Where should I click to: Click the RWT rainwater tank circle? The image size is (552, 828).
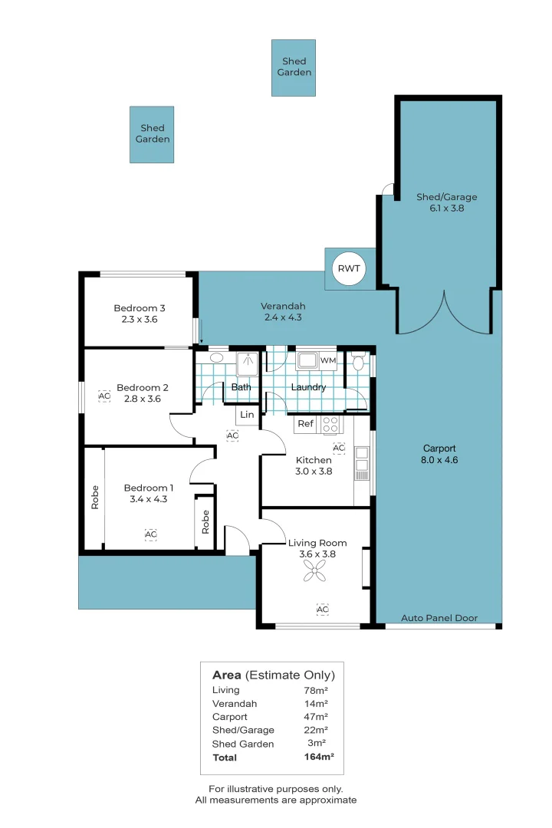pos(349,268)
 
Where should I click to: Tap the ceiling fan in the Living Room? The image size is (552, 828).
pos(314,571)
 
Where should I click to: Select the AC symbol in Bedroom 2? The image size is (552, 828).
pos(104,396)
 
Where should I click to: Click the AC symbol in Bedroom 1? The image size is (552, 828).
pos(150,534)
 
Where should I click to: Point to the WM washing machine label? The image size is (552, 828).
pos(328,360)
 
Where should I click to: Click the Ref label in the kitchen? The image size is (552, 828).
pos(305,423)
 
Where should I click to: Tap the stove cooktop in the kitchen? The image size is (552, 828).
pos(330,425)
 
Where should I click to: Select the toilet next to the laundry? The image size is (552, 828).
pos(358,361)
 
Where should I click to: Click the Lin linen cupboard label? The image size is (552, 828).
pos(247,415)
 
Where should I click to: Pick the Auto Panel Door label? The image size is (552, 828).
pos(439,618)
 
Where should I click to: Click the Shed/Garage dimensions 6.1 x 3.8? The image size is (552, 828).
pos(446,208)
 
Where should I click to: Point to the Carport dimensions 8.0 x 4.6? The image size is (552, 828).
pos(439,460)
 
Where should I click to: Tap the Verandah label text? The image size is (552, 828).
pos(283,306)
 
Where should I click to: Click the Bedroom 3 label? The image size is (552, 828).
pos(140,308)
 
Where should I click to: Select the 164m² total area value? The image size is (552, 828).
pos(318,757)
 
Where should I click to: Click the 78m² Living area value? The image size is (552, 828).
pos(316,691)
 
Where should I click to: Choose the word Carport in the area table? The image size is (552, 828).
pos(230,717)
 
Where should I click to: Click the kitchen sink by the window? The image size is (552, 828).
pos(362,459)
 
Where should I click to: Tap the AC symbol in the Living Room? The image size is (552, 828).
pos(322,609)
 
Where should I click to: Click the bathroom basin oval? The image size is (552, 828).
pos(216,357)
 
